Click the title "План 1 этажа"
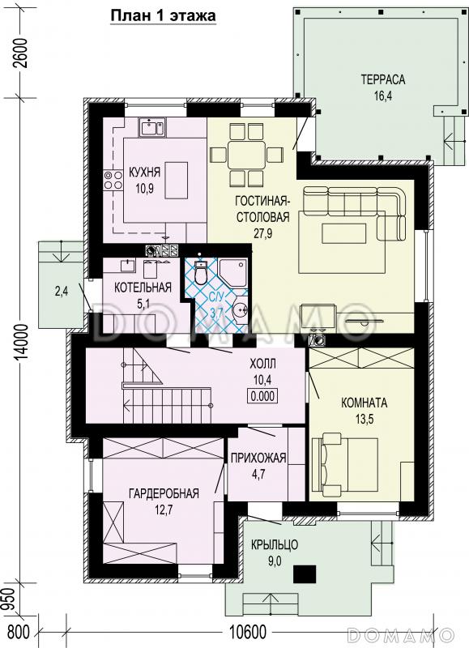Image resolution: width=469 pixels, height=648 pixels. (x=163, y=15)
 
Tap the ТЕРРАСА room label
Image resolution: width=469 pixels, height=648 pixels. (x=383, y=79)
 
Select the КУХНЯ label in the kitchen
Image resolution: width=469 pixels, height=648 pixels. (x=145, y=173)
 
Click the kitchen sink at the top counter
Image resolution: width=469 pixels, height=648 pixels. (x=152, y=127)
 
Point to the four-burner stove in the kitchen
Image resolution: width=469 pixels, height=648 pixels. (x=113, y=180)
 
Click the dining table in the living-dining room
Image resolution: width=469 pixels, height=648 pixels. (x=247, y=155)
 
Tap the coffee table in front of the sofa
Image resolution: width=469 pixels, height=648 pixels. (x=344, y=234)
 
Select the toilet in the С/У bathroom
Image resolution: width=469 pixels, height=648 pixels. (x=201, y=272)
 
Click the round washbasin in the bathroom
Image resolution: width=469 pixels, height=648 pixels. (x=241, y=309)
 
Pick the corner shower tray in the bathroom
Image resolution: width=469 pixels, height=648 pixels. (x=232, y=273)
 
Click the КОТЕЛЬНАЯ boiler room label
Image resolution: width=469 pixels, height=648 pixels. (x=143, y=288)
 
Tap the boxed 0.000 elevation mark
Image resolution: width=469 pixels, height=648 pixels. (x=262, y=396)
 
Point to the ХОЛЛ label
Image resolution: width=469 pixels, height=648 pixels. (x=262, y=364)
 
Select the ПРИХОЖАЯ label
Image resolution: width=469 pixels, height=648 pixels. (x=258, y=458)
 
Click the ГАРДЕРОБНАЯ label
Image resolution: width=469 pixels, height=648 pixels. (x=164, y=493)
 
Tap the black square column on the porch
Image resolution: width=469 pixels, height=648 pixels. (x=305, y=574)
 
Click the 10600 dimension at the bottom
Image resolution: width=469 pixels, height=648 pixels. (x=248, y=632)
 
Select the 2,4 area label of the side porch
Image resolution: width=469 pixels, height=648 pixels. (x=62, y=292)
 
